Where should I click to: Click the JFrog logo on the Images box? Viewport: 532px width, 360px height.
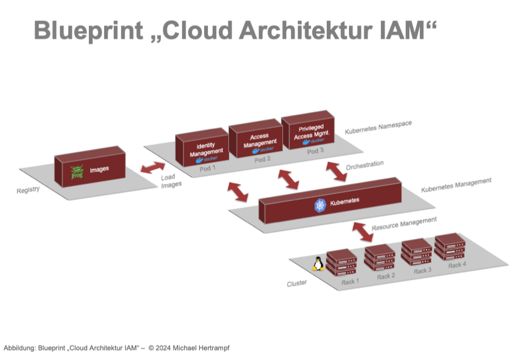pos(77,172)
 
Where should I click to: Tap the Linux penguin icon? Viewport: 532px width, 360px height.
pos(317,263)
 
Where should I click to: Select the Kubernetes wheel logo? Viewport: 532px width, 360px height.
pos(320,205)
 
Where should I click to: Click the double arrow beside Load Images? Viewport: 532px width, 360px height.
pos(153,168)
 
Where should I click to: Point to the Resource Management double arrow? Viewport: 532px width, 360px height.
pos(362,231)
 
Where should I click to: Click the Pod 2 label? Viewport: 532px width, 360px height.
pos(263,159)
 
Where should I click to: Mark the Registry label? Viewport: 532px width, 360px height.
pos(28,190)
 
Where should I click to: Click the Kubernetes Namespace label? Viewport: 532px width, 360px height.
pos(378,127)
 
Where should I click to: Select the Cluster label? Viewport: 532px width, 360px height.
pos(297,283)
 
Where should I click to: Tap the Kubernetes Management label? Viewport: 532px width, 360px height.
pos(456,185)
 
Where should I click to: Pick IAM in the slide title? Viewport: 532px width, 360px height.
pos(402,30)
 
